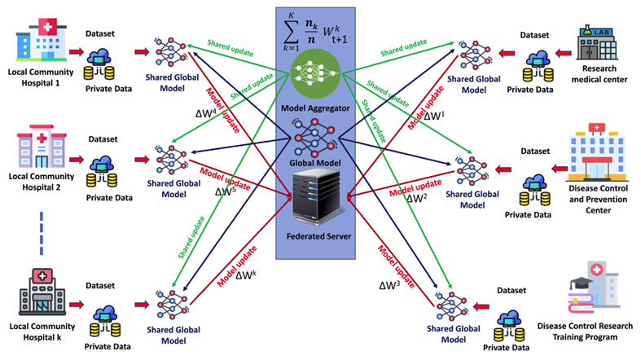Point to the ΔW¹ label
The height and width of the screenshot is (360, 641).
[434, 116]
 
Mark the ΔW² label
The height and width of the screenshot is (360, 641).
[415, 197]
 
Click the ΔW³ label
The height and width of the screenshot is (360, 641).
[389, 287]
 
